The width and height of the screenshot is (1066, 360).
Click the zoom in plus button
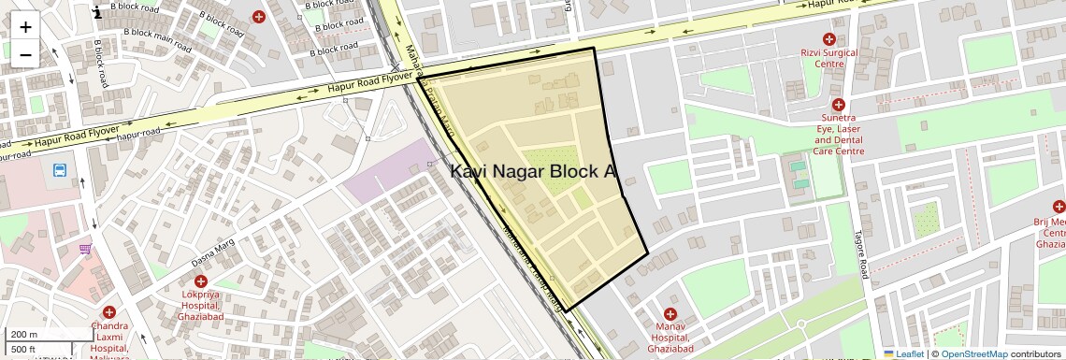[x=25, y=26]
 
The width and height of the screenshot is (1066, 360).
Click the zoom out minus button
[x=25, y=54]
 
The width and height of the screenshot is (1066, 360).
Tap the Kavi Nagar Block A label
[x=534, y=172]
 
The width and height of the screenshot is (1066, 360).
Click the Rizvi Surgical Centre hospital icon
[x=828, y=39]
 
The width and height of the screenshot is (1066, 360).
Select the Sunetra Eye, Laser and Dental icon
[x=838, y=106]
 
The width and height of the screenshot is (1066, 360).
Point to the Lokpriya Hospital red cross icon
[x=200, y=281]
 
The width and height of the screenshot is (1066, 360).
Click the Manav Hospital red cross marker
[x=670, y=314]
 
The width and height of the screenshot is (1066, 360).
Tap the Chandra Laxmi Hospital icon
[x=109, y=312]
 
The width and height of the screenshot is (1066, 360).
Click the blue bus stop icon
[x=60, y=171]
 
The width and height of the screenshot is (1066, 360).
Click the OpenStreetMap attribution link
[x=973, y=353]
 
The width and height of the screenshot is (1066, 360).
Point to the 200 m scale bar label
[x=24, y=335]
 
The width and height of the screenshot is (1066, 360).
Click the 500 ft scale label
[x=23, y=350]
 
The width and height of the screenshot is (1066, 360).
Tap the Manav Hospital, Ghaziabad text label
[x=670, y=338]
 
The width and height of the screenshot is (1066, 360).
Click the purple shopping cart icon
[x=85, y=249]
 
